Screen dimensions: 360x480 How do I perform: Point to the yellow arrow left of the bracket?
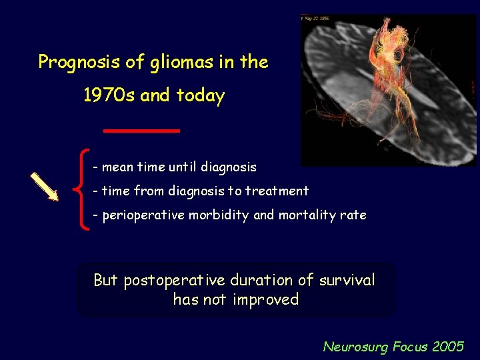point(45,185)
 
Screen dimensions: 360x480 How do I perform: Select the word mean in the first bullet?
point(117,167)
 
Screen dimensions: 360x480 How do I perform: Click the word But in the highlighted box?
point(106,280)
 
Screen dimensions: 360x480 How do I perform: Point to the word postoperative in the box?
point(184,281)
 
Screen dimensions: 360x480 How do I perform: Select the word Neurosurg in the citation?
point(355,347)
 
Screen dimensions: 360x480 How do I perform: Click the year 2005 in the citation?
point(448,347)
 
